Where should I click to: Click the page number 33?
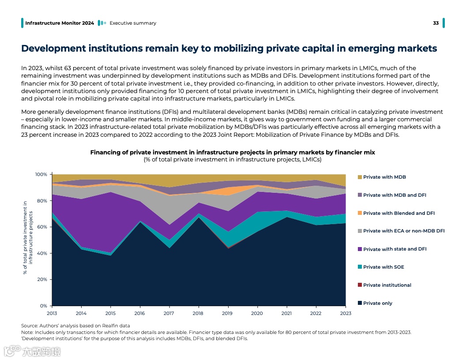[436, 23]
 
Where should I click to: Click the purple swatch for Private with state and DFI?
[360, 249]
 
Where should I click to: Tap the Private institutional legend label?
[387, 285]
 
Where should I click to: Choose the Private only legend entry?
[378, 303]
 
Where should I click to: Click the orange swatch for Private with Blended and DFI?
[360, 213]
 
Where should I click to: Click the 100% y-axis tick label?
[41, 175]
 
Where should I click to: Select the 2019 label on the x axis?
[228, 313]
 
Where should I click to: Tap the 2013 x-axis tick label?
[52, 313]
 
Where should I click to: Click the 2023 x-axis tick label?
[346, 313]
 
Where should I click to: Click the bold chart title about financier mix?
[233, 152]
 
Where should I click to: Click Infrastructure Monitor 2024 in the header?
[60, 23]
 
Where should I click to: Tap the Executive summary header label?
[133, 23]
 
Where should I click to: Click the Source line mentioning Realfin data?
[75, 326]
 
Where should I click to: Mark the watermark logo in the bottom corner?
[32, 351]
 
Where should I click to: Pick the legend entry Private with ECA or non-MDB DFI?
[404, 231]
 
